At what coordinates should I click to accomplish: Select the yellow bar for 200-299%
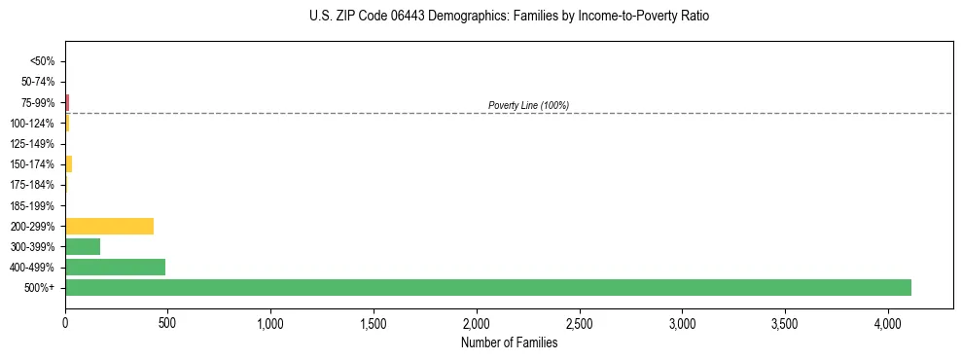109,226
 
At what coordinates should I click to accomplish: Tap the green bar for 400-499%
115,267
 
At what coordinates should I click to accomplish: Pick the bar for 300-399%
83,246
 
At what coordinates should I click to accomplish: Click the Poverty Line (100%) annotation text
528,105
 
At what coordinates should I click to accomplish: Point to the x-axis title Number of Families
509,342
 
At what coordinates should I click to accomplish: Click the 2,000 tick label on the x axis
477,323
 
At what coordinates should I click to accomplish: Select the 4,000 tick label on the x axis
888,323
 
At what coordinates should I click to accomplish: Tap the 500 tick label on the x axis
167,323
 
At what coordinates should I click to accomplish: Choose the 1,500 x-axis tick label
374,323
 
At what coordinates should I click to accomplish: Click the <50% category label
42,61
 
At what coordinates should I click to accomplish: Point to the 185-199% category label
35,205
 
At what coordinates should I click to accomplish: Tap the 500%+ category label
40,288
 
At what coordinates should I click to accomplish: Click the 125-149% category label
35,144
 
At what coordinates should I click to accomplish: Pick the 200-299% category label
35,226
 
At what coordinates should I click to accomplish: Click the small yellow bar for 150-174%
68,163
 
